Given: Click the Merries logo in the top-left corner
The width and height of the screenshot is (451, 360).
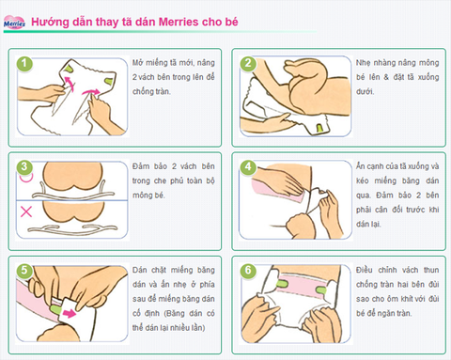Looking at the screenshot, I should point(14,20).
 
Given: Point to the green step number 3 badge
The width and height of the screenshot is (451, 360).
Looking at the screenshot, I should point(27,166).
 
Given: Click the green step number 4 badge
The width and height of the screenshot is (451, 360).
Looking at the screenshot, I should point(248,166).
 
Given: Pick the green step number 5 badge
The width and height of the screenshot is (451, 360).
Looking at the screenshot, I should point(27,269).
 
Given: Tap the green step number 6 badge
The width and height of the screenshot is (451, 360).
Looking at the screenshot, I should point(248,269).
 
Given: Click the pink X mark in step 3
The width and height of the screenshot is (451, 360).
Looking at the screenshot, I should point(27,213).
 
